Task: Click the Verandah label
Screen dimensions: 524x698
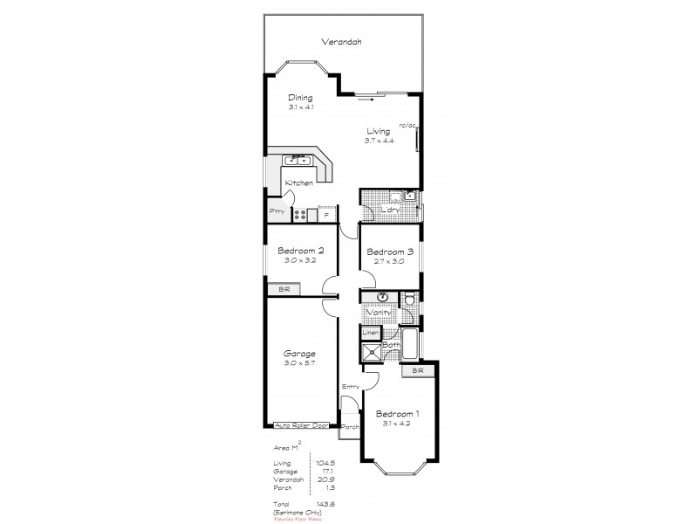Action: (340, 41)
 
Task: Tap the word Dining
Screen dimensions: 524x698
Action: (300, 98)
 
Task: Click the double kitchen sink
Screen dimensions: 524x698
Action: (298, 160)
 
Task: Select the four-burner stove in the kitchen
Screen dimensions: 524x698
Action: (302, 214)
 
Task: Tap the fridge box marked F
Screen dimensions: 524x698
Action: (326, 214)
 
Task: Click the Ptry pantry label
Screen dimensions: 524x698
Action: (277, 212)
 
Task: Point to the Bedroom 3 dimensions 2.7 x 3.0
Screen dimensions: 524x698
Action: (388, 260)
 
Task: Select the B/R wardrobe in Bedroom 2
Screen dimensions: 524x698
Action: (284, 289)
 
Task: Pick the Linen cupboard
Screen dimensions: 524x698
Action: (370, 333)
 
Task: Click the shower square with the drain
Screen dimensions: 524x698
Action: (373, 352)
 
